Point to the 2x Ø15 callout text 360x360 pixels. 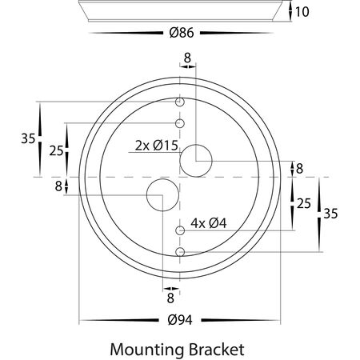click(155, 145)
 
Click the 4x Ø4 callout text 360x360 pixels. click(209, 224)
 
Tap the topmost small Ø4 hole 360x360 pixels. click(181, 102)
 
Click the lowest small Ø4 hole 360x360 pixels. click(181, 252)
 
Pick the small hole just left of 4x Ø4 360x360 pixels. click(181, 230)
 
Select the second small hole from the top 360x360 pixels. click(181, 123)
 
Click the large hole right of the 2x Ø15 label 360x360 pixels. click(194, 160)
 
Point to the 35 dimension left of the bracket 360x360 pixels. click(28, 138)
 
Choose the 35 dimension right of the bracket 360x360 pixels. click(331, 214)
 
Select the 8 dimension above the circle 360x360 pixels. click(187, 58)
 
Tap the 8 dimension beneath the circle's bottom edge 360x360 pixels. click(170, 297)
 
